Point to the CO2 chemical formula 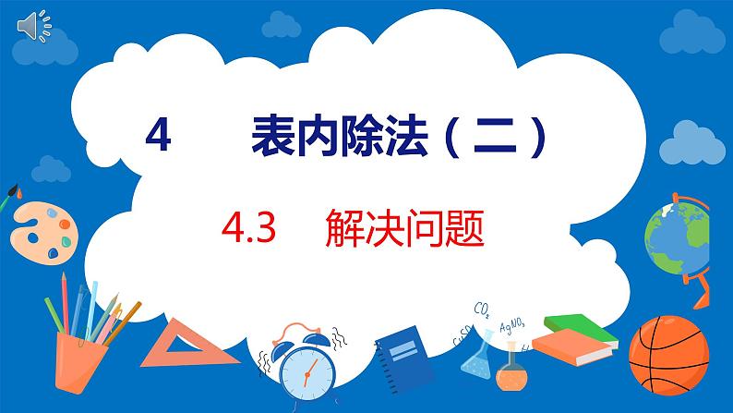coord(481,308)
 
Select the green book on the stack coord(580,326)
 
